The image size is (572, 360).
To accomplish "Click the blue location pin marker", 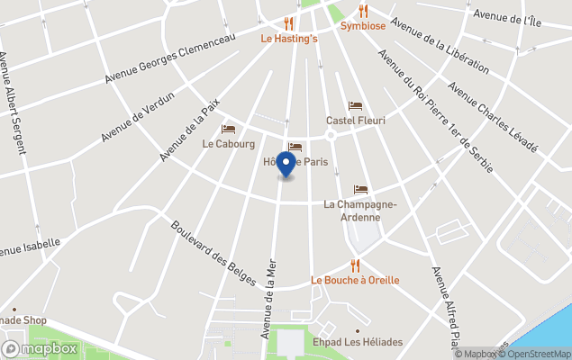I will (x=286, y=165).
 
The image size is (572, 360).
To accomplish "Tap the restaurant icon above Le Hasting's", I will (x=288, y=23).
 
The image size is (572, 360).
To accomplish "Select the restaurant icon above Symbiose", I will (x=363, y=12).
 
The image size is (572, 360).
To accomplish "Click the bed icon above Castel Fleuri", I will (x=355, y=106).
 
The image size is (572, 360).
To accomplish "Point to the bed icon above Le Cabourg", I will (x=228, y=130).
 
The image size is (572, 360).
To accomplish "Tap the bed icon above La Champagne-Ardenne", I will (x=360, y=190).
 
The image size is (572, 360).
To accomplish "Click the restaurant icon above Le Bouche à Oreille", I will (x=355, y=265).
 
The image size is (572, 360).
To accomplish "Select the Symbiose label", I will (x=363, y=26).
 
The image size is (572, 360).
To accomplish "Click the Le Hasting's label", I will (x=289, y=39).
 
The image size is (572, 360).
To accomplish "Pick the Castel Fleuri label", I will (x=355, y=121).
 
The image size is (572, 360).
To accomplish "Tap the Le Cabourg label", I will (x=229, y=143).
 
